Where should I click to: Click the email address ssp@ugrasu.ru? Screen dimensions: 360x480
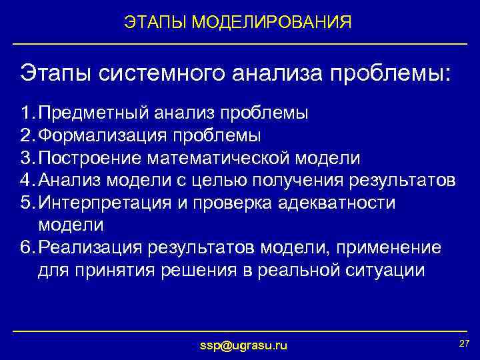pyautogui.click(x=244, y=345)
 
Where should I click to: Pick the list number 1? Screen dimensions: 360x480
pyautogui.click(x=25, y=113)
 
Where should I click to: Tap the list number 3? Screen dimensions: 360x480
pyautogui.click(x=25, y=158)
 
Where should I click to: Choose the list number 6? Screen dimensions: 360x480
pyautogui.click(x=25, y=248)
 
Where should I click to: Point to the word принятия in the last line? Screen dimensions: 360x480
pyautogui.click(x=106, y=271)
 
